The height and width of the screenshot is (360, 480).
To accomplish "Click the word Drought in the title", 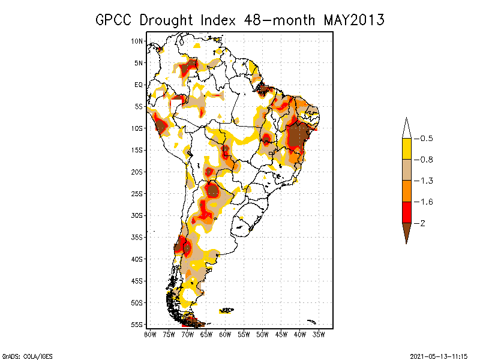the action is coord(166,20).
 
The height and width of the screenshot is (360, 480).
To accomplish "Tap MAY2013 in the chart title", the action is coord(354,20).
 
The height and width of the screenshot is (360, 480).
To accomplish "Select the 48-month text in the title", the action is coord(280,20).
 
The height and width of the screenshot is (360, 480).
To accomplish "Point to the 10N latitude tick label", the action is coord(137,41).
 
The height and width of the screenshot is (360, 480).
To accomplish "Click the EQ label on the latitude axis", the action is coord(139,85).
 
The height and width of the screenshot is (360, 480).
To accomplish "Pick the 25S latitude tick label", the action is coord(137,194).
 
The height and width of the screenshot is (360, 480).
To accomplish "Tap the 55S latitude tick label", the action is coord(137,325).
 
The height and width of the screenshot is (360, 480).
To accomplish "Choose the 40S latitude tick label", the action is coord(137,259).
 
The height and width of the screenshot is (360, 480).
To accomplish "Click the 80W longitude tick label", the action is coord(150,335).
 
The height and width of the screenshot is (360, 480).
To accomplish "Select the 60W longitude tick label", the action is coord(225,335).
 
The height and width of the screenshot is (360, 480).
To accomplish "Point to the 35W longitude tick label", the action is coord(319,335).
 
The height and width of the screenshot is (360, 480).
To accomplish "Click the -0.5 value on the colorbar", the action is coord(424,139).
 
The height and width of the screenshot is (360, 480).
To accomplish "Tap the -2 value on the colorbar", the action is coord(419,223).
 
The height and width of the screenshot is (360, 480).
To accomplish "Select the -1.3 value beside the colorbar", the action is coord(424,181).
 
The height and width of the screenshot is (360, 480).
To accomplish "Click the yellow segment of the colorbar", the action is coord(407,149).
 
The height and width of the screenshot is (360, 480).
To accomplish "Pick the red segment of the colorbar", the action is coord(407,212).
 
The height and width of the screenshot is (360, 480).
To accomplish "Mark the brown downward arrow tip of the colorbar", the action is coord(407,244).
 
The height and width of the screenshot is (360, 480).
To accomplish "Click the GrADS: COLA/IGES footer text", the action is coord(28,356).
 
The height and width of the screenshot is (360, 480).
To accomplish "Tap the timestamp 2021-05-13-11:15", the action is coord(439,356).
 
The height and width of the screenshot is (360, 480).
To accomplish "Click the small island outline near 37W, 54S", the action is coord(311,322).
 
